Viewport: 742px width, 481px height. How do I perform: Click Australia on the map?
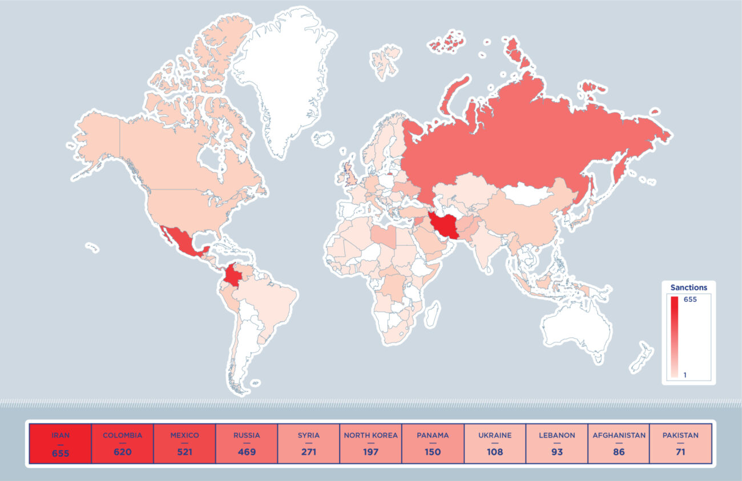point(576,328)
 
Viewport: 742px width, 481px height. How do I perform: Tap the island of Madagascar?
point(433,313)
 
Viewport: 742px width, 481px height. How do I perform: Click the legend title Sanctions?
point(688,288)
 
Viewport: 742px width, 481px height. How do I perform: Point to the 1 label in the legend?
point(685,374)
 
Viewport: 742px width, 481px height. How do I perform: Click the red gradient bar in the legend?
point(674,337)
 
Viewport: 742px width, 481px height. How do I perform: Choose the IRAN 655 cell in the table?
point(60,443)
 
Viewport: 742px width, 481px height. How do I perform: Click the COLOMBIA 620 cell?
point(122,443)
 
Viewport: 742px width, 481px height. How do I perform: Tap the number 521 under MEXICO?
point(184,452)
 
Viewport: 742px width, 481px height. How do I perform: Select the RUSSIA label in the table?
point(247,435)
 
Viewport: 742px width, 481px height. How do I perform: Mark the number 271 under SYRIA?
point(309,452)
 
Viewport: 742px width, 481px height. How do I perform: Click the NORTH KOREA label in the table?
point(370,435)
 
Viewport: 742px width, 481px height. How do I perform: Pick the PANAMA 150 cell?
point(433,443)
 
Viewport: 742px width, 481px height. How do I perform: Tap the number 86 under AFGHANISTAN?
point(619,452)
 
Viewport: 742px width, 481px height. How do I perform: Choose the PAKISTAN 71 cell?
point(680,443)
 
